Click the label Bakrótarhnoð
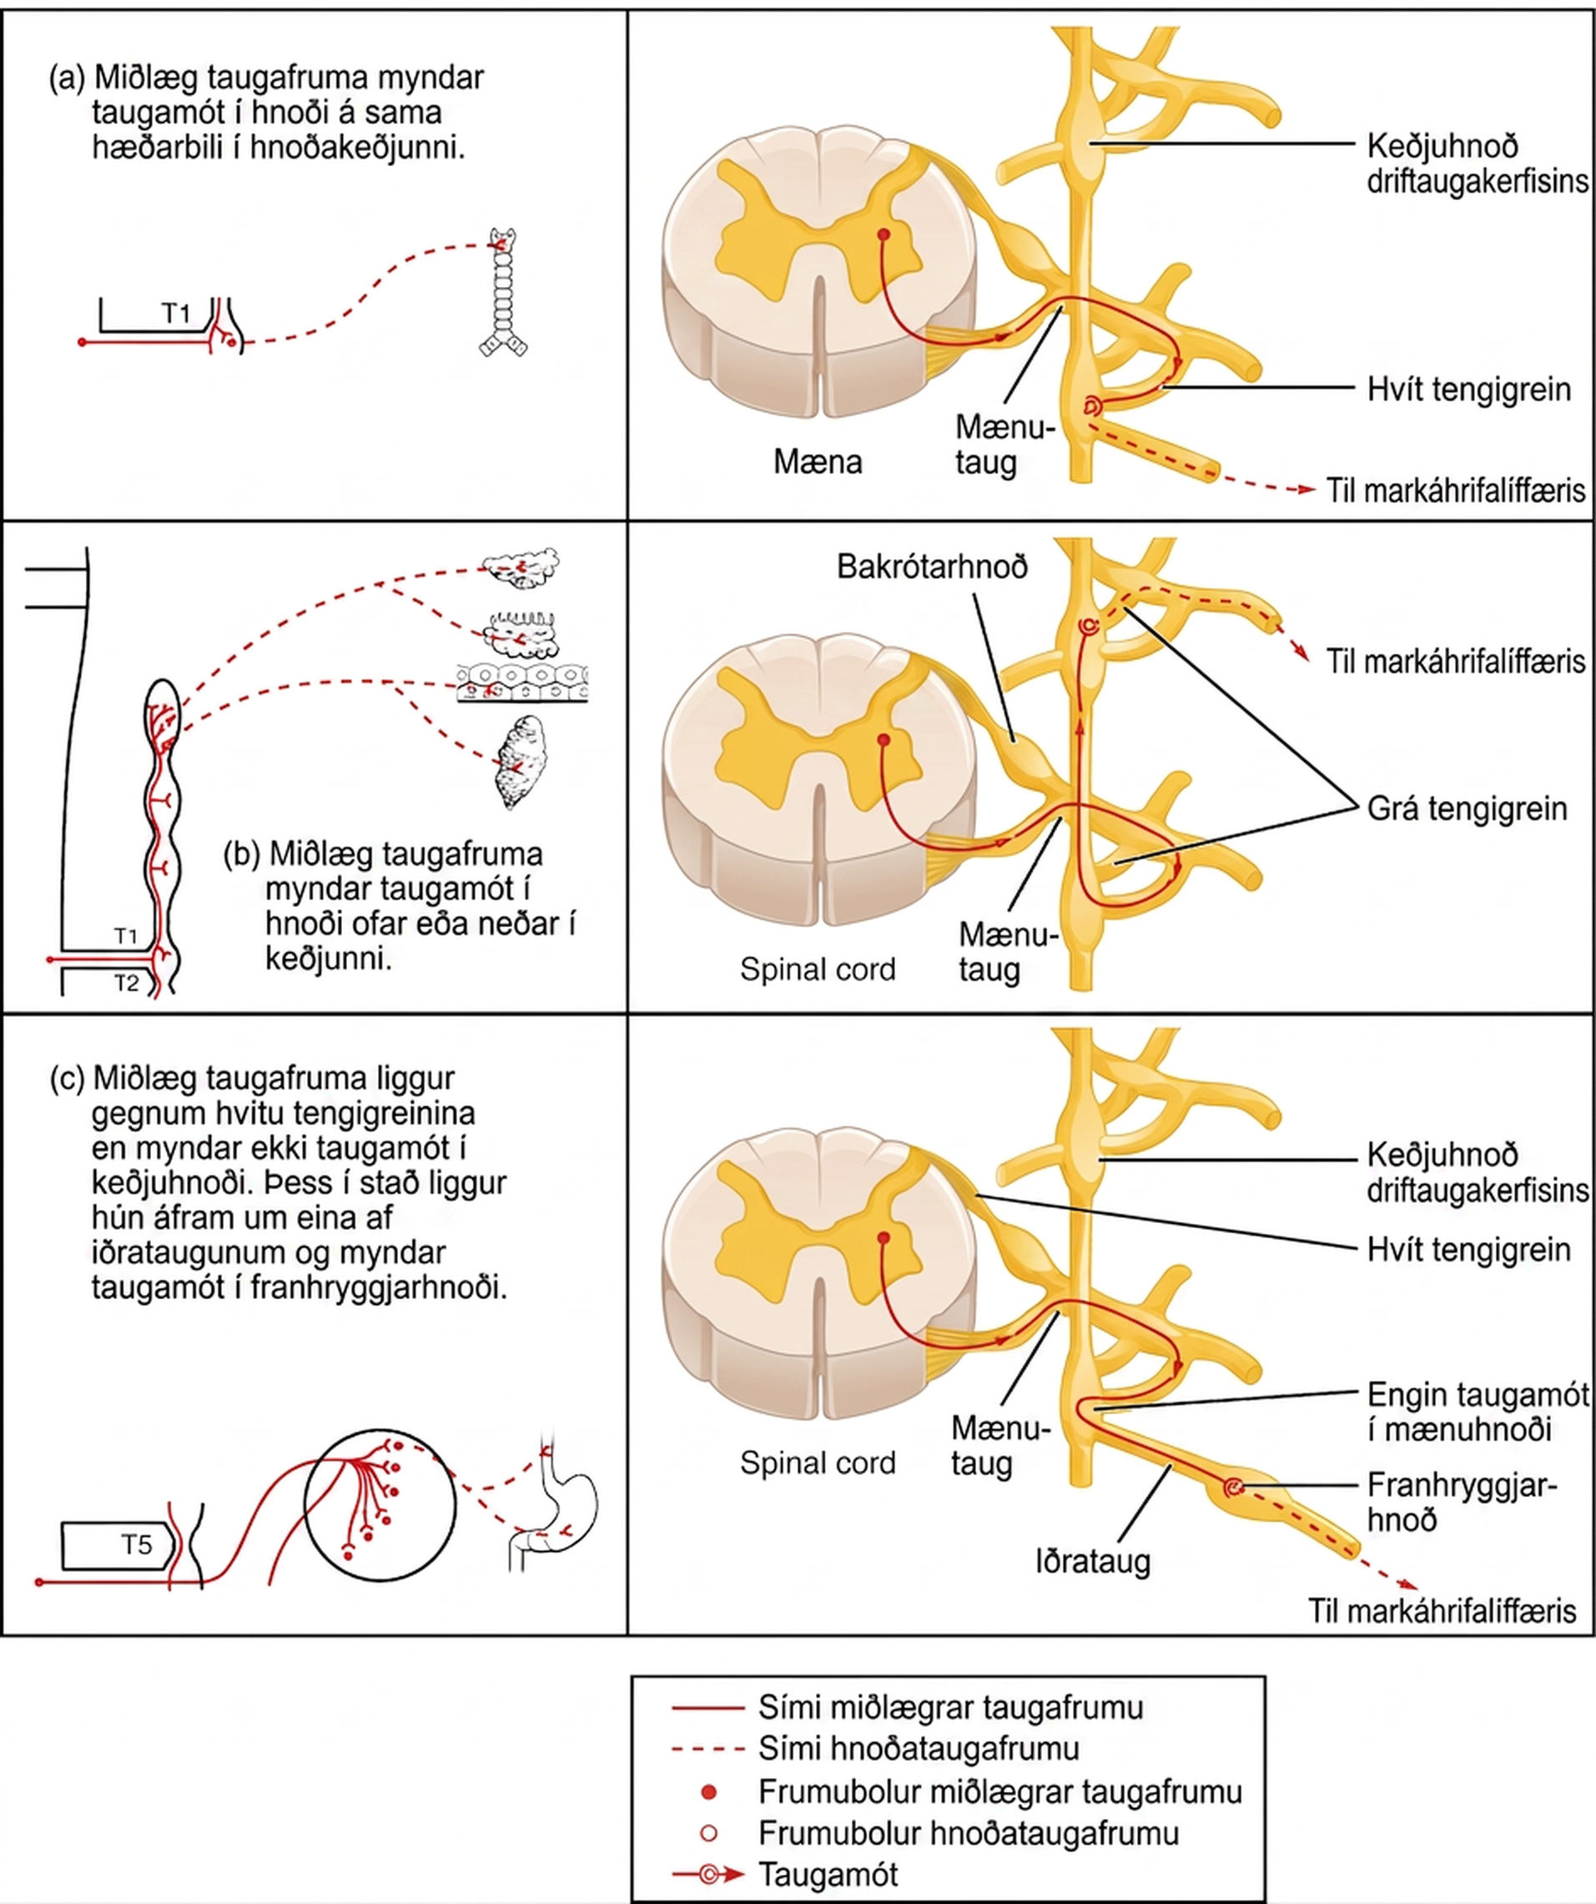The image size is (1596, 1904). [x=932, y=567]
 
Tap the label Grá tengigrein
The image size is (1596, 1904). [x=1468, y=808]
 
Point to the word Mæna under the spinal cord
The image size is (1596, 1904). [x=817, y=461]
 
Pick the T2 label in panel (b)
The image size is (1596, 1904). [x=126, y=983]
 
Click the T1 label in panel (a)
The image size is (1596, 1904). [x=176, y=314]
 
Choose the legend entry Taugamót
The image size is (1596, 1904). [x=828, y=1873]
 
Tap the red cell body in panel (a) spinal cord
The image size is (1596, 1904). [x=884, y=234]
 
